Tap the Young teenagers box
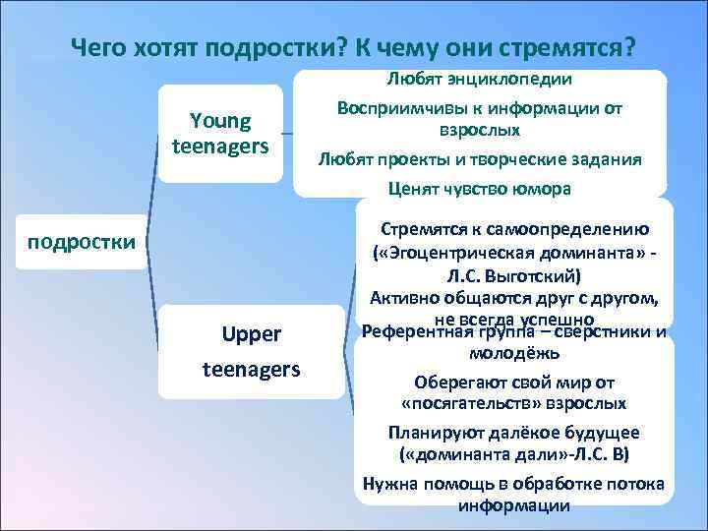coord(221,134)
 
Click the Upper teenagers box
coord(251,351)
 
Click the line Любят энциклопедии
coord(481,77)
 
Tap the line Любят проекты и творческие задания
coord(481,159)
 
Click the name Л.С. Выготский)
coord(514,275)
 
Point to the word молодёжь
coord(514,352)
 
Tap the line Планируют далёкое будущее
coord(514,432)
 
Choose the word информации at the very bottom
coord(514,505)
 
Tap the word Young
coord(221,121)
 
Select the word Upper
coord(252,334)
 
